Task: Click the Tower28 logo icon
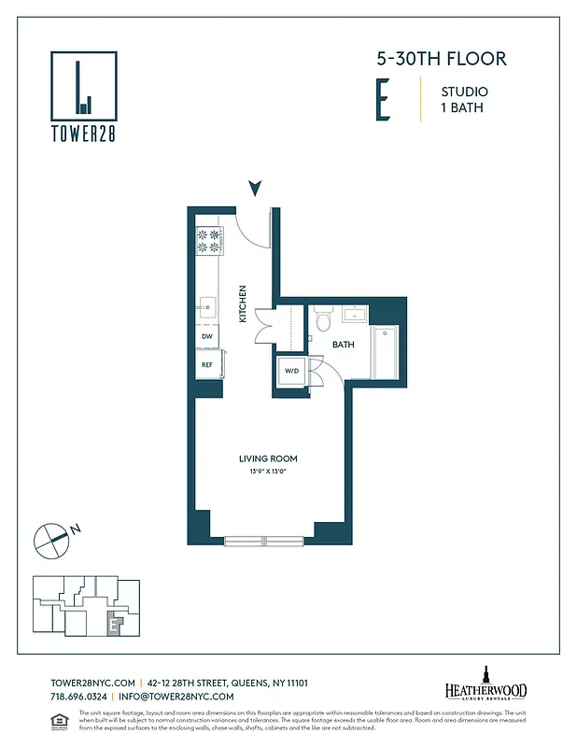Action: click(83, 85)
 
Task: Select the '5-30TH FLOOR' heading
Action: click(441, 59)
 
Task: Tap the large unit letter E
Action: click(383, 101)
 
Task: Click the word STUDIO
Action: click(464, 92)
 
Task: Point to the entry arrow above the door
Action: click(255, 189)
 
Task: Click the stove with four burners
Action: click(209, 241)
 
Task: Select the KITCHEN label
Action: click(242, 303)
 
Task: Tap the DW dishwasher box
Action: click(207, 337)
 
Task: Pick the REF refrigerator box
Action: click(207, 364)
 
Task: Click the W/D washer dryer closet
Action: click(291, 371)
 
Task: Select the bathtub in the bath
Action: click(386, 353)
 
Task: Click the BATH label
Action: click(344, 345)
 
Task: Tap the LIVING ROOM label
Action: click(267, 458)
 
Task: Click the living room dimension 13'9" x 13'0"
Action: click(267, 472)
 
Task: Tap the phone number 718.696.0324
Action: click(78, 697)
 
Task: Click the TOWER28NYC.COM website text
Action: click(92, 683)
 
